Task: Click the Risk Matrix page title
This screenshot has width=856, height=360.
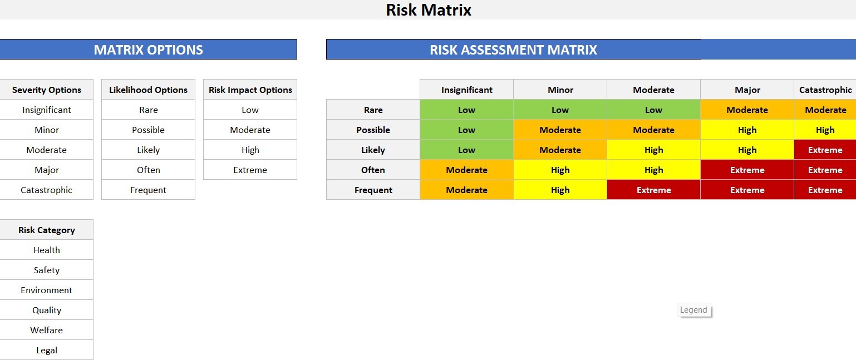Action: [x=429, y=10]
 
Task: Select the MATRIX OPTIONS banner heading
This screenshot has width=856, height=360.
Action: [x=148, y=50]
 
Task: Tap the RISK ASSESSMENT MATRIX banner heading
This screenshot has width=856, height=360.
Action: [x=513, y=50]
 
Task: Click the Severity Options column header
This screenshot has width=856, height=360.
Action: [x=47, y=90]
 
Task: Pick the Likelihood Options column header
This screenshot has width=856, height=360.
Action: [x=148, y=90]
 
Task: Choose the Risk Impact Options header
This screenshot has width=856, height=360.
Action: [x=250, y=90]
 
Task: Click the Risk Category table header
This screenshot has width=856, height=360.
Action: [x=47, y=230]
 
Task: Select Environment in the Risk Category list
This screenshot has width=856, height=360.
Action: [x=47, y=290]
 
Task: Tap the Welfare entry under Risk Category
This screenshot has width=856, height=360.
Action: [x=47, y=330]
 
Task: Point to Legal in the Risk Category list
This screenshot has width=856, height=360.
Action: [x=47, y=350]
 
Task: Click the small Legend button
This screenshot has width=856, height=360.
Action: [x=693, y=310]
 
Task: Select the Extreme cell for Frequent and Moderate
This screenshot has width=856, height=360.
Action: [x=653, y=190]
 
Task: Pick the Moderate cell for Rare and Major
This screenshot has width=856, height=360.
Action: [x=747, y=110]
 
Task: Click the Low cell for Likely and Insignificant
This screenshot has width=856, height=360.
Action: [x=466, y=150]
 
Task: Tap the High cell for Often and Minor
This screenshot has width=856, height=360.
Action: [x=560, y=170]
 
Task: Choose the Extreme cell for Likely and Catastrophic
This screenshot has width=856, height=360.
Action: [x=825, y=150]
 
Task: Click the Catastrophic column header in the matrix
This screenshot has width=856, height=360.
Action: [x=825, y=90]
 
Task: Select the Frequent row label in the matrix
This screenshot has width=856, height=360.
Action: [x=373, y=190]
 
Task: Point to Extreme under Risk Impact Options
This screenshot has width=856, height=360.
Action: [x=250, y=170]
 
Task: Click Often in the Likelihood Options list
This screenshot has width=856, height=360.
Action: [x=148, y=170]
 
